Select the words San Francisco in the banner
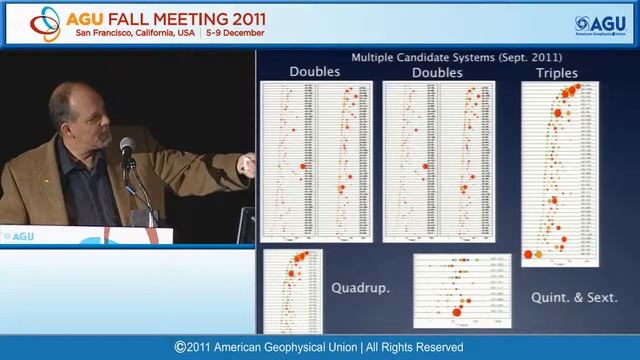pos(105,32)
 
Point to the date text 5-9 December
pos(236,32)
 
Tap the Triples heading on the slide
pos(558,72)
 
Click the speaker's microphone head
pos(127,148)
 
